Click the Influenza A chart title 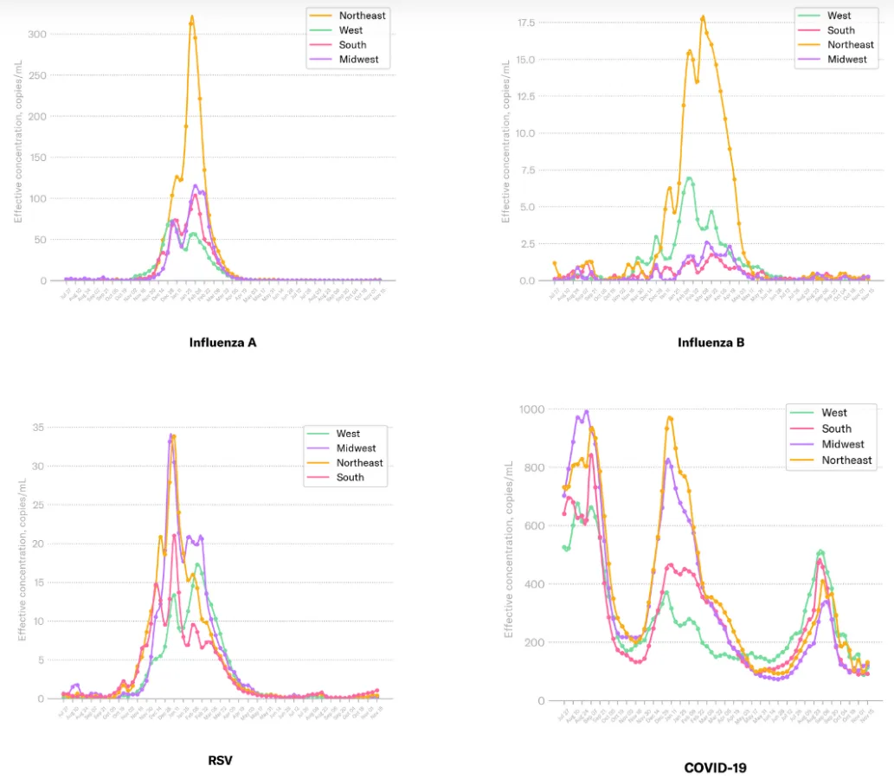tap(222, 342)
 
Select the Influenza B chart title tap(711, 342)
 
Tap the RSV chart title tap(220, 761)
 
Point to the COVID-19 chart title tap(715, 767)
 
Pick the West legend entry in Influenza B tap(839, 16)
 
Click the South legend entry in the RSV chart tap(350, 478)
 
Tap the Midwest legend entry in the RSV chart tap(356, 448)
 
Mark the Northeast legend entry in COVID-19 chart tap(846, 460)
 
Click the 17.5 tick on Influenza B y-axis tap(525, 23)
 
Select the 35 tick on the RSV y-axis tap(38, 428)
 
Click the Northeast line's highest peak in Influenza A tap(191, 16)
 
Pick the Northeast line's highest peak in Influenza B tap(703, 16)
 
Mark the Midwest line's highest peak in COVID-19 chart tap(586, 411)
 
